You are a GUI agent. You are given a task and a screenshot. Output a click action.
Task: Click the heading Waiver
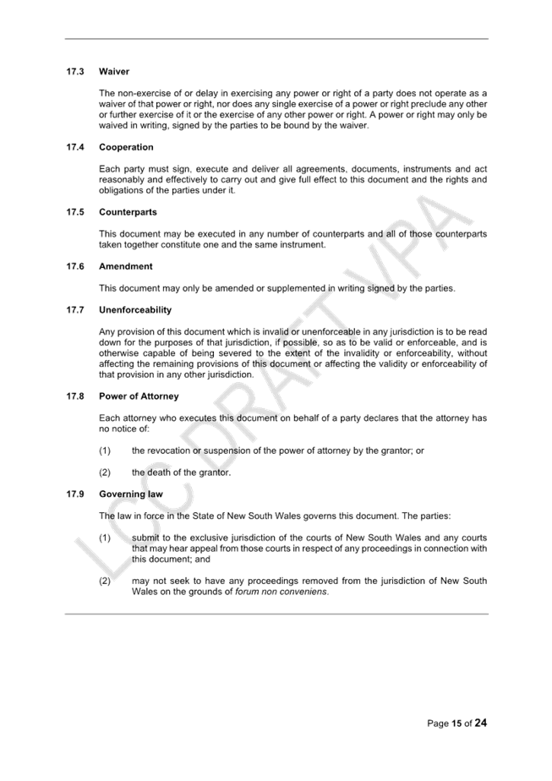[x=114, y=72]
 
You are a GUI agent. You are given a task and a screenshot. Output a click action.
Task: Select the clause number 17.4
[x=75, y=147]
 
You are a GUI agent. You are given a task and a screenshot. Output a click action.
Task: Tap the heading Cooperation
[x=126, y=147]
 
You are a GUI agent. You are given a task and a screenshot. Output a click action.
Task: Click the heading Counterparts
[x=128, y=212]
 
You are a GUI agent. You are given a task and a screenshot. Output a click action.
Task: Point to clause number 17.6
[x=75, y=266]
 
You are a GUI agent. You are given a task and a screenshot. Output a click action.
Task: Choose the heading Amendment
[x=126, y=266]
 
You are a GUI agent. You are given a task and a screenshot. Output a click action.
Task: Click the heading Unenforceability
[x=135, y=310]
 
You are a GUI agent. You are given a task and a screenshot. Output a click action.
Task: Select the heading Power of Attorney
[x=139, y=396]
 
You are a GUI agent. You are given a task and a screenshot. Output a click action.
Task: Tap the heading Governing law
[x=131, y=494]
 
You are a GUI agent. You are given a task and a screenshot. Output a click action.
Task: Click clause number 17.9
[x=75, y=494]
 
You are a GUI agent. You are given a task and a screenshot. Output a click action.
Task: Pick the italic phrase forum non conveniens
[x=281, y=592]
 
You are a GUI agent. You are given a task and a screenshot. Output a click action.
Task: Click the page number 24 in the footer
[x=481, y=723]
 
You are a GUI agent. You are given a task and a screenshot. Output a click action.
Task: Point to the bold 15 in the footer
[x=456, y=724]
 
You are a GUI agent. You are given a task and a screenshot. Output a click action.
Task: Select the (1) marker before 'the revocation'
[x=105, y=451]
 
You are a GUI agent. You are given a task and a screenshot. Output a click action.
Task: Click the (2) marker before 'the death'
[x=105, y=472]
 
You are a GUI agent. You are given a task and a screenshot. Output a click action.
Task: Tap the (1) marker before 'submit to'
[x=105, y=538]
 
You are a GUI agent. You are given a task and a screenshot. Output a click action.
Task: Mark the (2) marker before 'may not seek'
[x=105, y=581]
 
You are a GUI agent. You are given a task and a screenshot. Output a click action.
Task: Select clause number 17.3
[x=75, y=72]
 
